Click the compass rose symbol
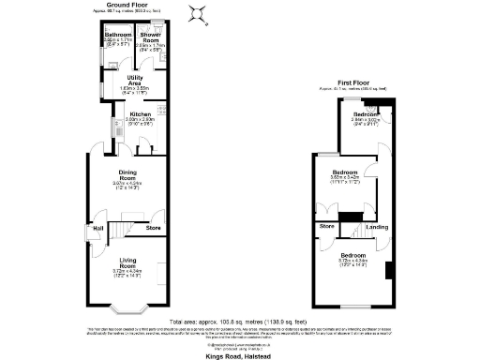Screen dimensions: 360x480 (x=197, y=12)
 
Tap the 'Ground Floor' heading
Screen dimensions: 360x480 (x=130, y=4)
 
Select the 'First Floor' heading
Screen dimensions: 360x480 (x=352, y=82)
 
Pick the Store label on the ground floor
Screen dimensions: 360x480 (x=154, y=227)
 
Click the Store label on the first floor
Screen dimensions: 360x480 (x=326, y=226)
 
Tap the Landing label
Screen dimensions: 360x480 (x=377, y=226)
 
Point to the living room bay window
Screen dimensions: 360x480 (x=127, y=307)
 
